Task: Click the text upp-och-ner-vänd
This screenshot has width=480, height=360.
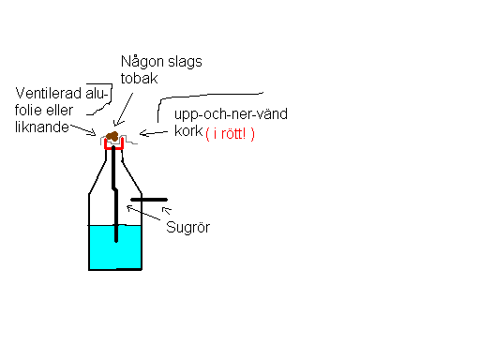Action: click(x=231, y=114)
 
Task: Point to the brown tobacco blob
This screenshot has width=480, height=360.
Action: click(x=113, y=139)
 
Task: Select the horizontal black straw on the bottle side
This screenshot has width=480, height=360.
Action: click(x=149, y=200)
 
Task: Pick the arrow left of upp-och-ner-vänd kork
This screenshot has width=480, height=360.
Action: click(x=156, y=137)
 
